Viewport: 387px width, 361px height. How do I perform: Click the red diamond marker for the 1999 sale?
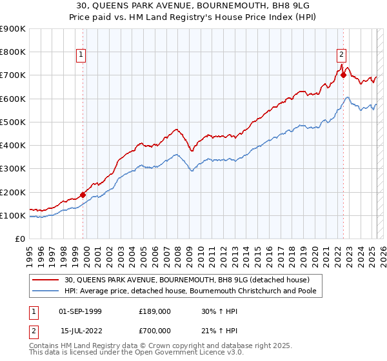pos(83,194)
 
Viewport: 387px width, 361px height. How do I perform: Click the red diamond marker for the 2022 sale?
pos(344,75)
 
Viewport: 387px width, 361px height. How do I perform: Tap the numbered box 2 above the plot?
pos(341,55)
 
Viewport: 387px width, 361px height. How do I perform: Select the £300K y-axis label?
pos(13,169)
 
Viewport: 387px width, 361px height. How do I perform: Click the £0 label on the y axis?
pos(21,239)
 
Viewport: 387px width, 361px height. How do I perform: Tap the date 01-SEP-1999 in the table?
pos(80,311)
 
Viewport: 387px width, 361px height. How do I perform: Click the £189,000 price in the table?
pos(154,311)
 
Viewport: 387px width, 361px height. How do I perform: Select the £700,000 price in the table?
pos(154,330)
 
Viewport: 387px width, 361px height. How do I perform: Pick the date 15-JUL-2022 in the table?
pos(80,330)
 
